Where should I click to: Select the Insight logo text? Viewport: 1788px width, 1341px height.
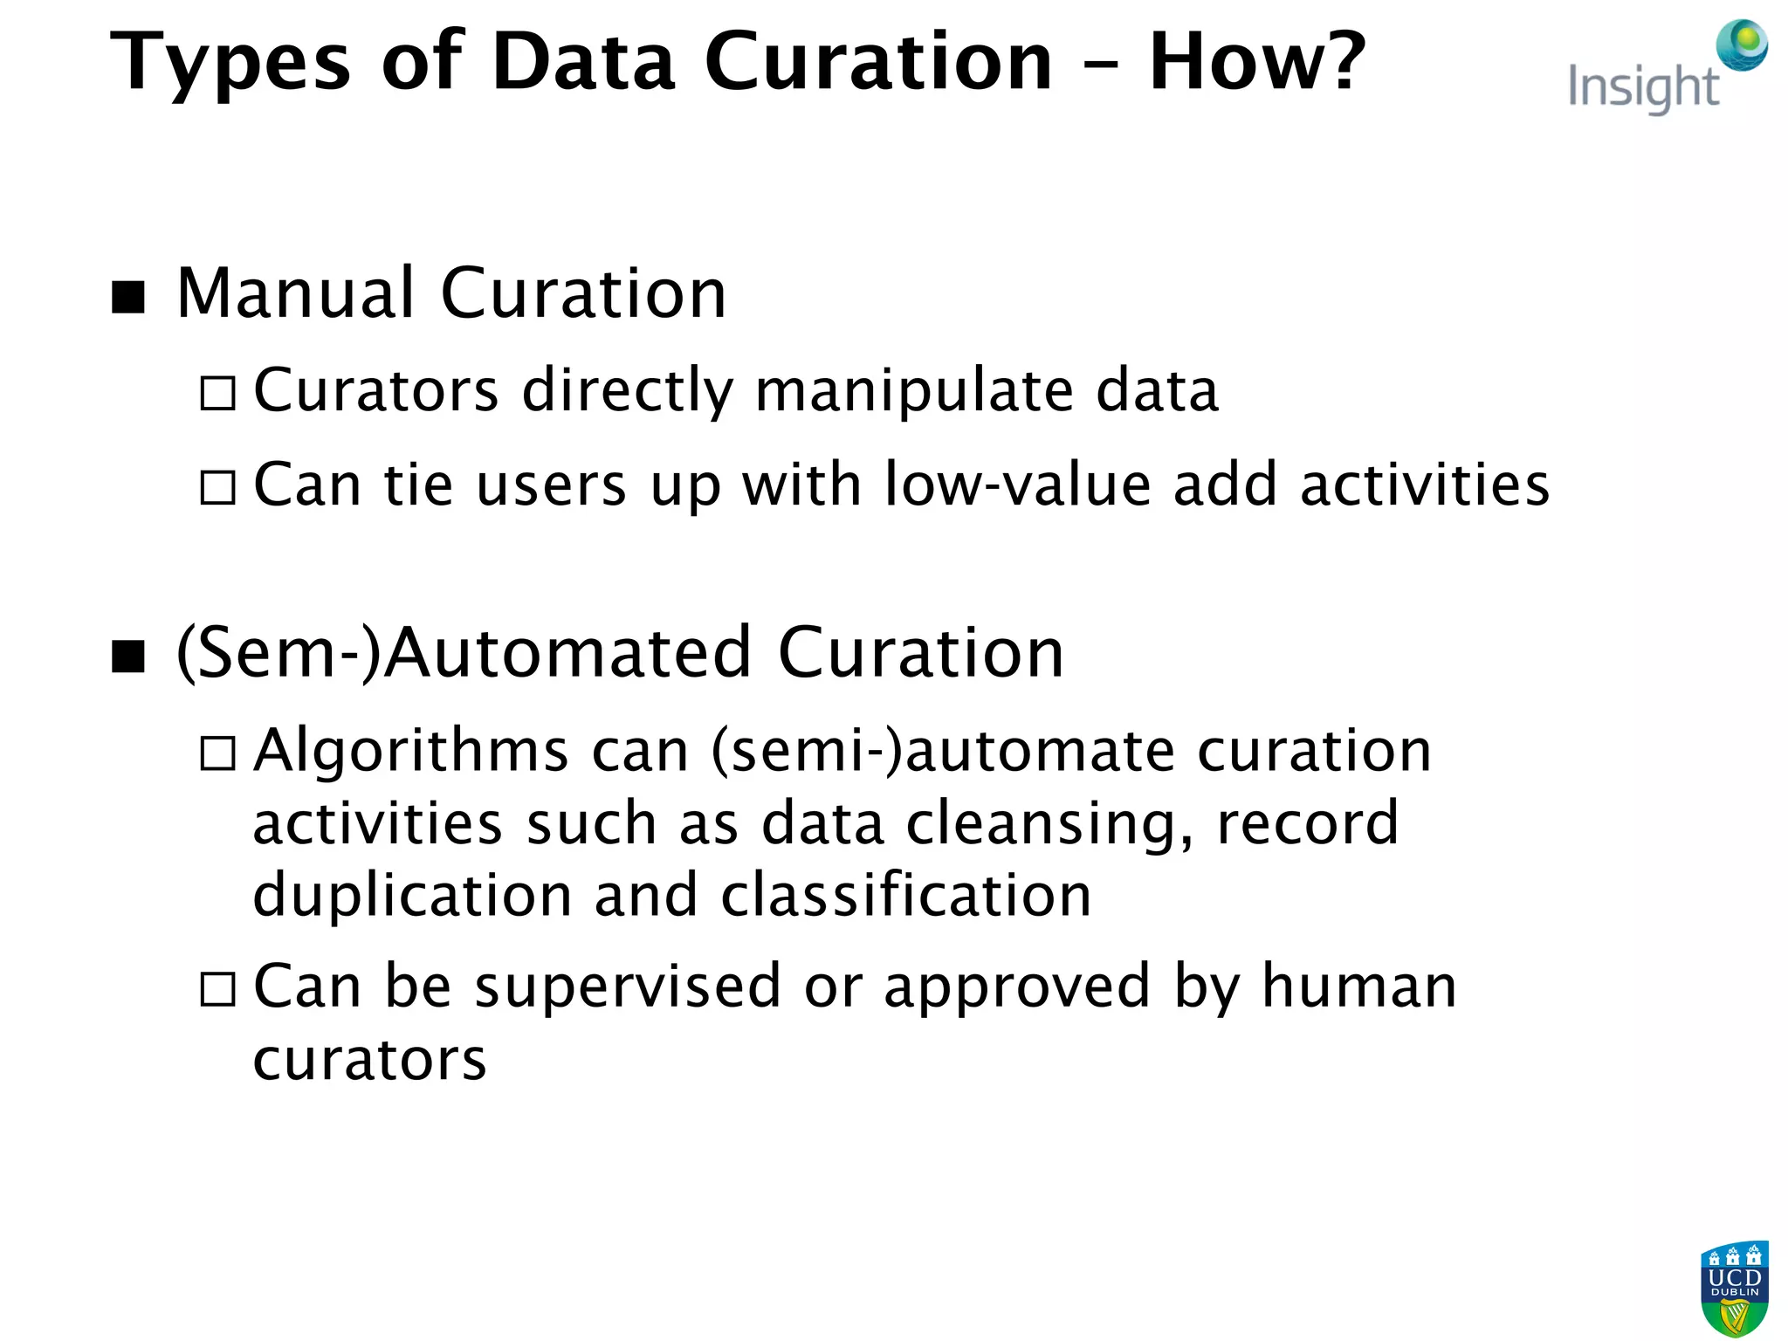point(1642,88)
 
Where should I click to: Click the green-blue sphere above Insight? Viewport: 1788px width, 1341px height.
point(1742,45)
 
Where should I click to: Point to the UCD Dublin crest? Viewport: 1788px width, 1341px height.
point(1734,1288)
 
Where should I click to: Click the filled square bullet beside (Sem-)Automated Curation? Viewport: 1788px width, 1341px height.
point(128,657)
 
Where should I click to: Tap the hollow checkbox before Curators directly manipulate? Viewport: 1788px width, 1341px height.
point(217,393)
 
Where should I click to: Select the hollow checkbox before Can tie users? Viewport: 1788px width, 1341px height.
point(217,487)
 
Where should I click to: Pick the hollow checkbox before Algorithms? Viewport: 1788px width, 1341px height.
point(217,753)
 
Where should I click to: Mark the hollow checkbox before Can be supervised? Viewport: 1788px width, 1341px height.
point(217,989)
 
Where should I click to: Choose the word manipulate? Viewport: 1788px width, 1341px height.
point(914,390)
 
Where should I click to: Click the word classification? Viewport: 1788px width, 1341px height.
point(906,896)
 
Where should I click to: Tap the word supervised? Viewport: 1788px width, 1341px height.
point(628,987)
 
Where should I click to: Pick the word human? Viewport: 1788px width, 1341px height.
point(1359,987)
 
